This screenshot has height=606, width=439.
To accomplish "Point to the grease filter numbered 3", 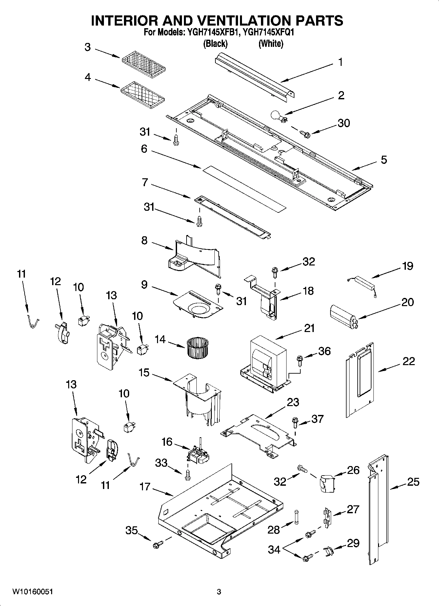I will tap(144, 62).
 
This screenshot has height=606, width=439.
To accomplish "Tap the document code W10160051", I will tap(33, 592).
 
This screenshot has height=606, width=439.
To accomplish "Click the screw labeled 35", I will tap(157, 545).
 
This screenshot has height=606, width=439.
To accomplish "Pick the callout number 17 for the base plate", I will tap(145, 486).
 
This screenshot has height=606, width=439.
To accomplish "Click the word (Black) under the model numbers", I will tap(215, 43).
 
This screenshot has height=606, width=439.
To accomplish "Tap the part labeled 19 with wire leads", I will tap(362, 282).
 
